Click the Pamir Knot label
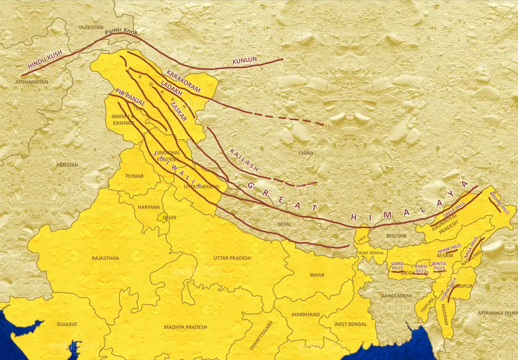point(121,34)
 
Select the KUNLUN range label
point(245,60)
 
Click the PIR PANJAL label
point(130,97)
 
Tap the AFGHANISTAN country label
point(32,82)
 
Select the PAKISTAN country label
point(67,165)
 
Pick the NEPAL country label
point(284,224)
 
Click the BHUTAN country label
point(396,236)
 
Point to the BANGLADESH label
point(397,296)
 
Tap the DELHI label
point(169,217)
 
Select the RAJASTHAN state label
point(105,258)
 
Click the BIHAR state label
point(317,275)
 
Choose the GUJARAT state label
point(67,325)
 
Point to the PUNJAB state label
point(134,176)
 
